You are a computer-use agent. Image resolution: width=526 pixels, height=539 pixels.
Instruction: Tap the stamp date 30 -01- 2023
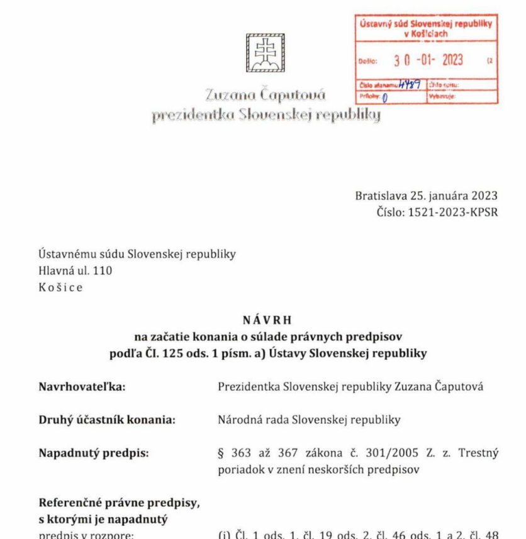(428, 60)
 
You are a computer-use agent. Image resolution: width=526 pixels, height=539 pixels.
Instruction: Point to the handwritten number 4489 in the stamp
(410, 84)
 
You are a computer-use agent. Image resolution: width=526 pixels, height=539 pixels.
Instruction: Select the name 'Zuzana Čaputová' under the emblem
(266, 96)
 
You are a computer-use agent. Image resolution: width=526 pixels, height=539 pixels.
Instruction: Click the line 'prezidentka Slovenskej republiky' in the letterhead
(266, 116)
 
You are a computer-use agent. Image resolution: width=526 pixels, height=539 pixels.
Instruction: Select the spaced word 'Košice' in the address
(60, 287)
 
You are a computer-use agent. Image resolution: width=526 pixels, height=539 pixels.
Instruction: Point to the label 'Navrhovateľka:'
(82, 386)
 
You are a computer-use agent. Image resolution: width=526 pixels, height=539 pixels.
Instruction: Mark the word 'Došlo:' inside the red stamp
(368, 62)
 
